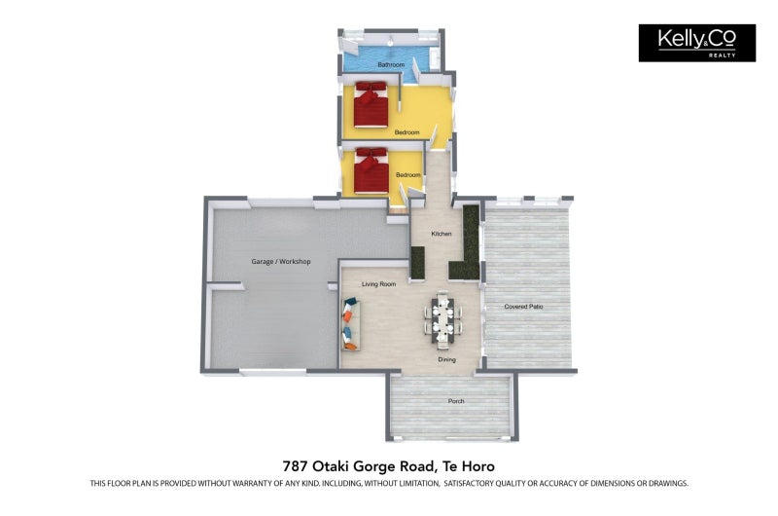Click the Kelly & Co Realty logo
[696, 43]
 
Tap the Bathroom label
[391, 64]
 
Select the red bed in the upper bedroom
[371, 104]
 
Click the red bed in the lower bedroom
[371, 170]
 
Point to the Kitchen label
[442, 234]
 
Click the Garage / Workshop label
[281, 261]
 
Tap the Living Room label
[378, 284]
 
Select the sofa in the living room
[351, 324]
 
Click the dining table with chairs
[442, 317]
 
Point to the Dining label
[446, 359]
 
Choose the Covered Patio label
[523, 307]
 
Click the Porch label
[456, 401]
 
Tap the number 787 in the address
[293, 466]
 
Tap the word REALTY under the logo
[722, 55]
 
